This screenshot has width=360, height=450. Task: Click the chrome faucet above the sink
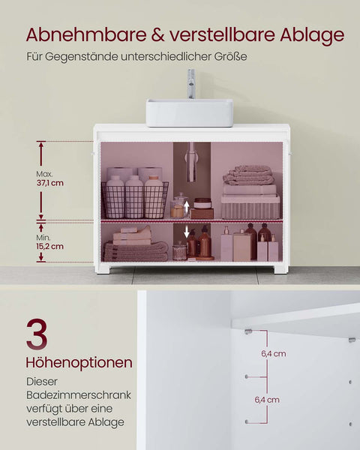click(191, 83)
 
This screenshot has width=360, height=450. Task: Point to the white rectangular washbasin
click(178, 112)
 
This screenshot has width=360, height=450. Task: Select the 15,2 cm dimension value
click(51, 245)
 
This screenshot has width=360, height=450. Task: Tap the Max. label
click(45, 174)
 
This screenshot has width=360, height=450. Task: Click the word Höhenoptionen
click(79, 363)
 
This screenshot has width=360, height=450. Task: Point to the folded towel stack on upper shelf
click(249, 175)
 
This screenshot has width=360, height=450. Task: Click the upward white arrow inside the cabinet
click(187, 208)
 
